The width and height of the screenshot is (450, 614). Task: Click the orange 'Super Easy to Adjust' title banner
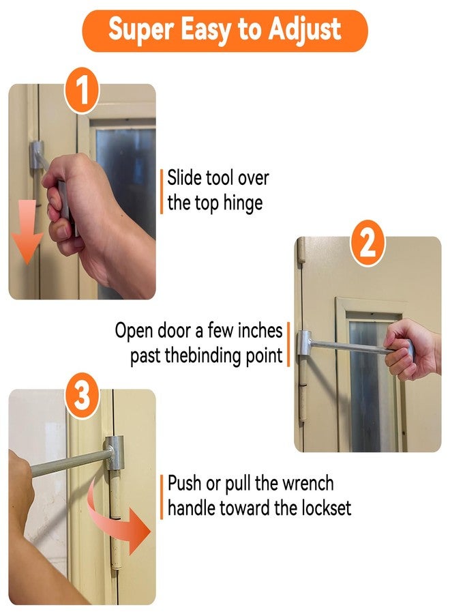(224, 31)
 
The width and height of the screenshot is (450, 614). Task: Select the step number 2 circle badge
(367, 244)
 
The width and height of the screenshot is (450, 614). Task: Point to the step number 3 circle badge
(82, 397)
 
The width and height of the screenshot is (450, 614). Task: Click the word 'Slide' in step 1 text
(184, 179)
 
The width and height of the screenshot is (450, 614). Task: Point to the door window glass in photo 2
(372, 389)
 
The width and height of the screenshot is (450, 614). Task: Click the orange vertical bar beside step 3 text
(162, 496)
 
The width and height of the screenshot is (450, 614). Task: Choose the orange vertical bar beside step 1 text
(162, 191)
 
